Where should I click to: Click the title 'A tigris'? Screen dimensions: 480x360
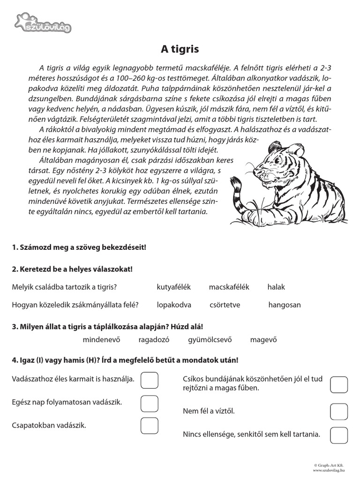[180, 49]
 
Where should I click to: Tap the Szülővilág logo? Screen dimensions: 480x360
[43, 24]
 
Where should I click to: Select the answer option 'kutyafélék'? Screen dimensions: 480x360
[174, 287]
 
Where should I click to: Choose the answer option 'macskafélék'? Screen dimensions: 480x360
[229, 287]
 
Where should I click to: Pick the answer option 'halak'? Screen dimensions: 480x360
[276, 287]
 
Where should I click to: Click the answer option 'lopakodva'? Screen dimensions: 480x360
[174, 305]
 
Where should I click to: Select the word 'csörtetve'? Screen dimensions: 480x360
[225, 305]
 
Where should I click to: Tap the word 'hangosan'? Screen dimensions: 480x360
[285, 305]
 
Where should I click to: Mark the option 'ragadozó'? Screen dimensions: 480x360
[154, 340]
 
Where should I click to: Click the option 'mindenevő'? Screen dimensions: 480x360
[102, 340]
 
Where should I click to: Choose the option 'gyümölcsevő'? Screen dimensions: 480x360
[210, 340]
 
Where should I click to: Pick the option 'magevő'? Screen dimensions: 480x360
[264, 340]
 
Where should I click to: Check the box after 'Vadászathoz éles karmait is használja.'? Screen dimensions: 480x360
[150, 380]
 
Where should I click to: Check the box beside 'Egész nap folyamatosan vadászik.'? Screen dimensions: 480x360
[150, 403]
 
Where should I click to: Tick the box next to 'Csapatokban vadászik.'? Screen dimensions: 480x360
[150, 426]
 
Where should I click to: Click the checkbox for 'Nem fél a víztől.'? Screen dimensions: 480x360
[339, 411]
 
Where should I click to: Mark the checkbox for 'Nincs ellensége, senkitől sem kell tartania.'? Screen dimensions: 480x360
[339, 435]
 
